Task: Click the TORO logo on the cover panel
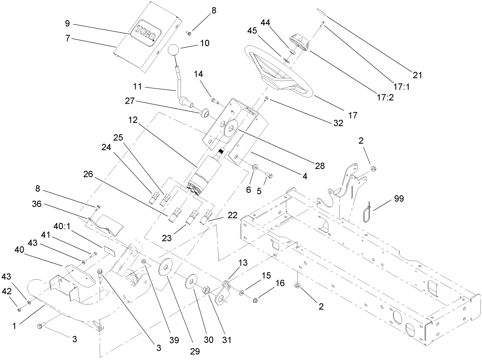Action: [x=143, y=31]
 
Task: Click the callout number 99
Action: [x=399, y=199]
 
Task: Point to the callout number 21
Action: [x=417, y=75]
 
